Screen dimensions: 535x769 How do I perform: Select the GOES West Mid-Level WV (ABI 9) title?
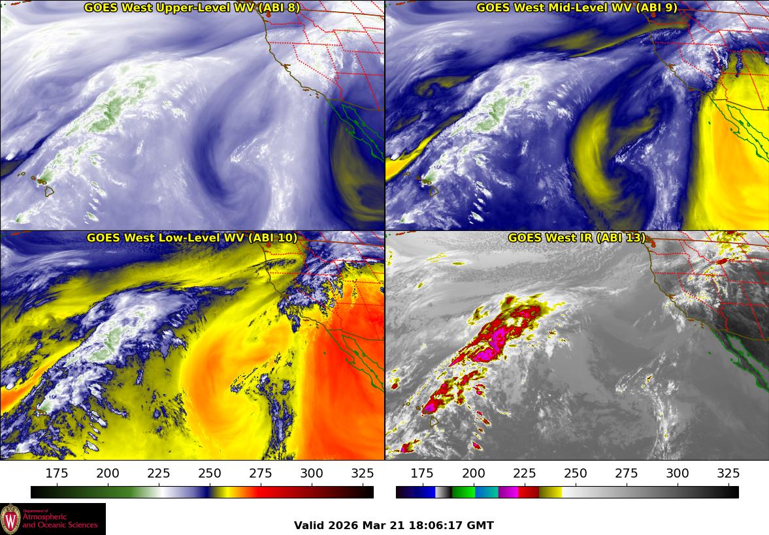pyautogui.click(x=576, y=8)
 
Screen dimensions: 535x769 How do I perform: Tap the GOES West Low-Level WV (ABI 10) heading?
pyautogui.click(x=191, y=238)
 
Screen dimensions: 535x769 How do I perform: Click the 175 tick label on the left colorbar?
pyautogui.click(x=57, y=473)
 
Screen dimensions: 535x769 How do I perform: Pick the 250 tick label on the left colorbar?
pyautogui.click(x=210, y=473)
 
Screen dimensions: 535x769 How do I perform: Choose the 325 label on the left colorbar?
pyautogui.click(x=363, y=473)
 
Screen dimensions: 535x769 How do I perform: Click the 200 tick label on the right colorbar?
pyautogui.click(x=473, y=473)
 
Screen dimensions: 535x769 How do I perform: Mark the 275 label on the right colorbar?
pyautogui.click(x=626, y=473)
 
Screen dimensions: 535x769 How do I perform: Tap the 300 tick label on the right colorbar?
pyautogui.click(x=677, y=473)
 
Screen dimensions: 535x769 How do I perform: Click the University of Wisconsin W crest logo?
pyautogui.click(x=10, y=519)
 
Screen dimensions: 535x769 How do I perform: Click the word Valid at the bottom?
pyautogui.click(x=308, y=525)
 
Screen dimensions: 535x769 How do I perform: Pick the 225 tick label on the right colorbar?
pyautogui.click(x=524, y=473)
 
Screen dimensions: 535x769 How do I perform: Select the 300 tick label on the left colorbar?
pyautogui.click(x=312, y=473)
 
